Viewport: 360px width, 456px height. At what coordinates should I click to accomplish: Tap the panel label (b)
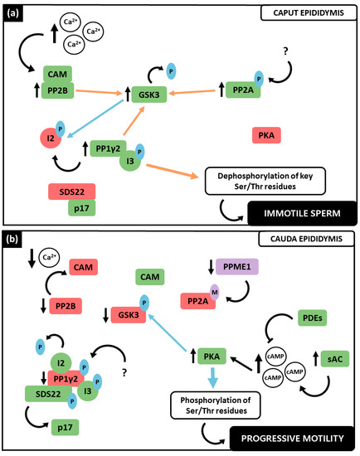click(14, 242)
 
